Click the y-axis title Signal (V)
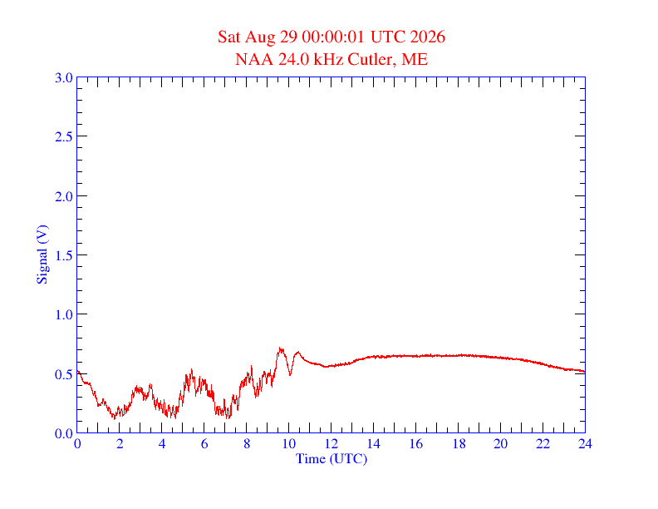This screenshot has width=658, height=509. coord(42,255)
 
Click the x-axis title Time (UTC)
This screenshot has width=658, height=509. coord(331,458)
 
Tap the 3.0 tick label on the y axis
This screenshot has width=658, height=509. coord(63,77)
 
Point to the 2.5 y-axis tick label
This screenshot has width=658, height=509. coord(63,137)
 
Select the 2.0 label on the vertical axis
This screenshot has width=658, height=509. coord(63,196)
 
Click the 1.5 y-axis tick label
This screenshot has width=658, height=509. coord(63,255)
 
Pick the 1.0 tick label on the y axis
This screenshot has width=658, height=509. coord(63,314)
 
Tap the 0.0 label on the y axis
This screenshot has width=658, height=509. coord(63,433)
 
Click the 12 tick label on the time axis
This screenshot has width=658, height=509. coord(331,443)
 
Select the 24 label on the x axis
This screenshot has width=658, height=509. coord(585,443)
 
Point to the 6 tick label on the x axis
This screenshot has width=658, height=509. coord(204,443)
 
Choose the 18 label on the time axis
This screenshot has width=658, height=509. coord(459,443)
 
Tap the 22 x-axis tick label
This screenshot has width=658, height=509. coord(543,443)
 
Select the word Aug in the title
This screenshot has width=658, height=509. coord(260,37)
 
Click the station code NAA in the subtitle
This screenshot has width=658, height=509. coord(254,59)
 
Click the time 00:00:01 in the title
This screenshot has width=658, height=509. coord(333,37)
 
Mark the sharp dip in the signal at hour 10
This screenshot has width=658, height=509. coord(290,374)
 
